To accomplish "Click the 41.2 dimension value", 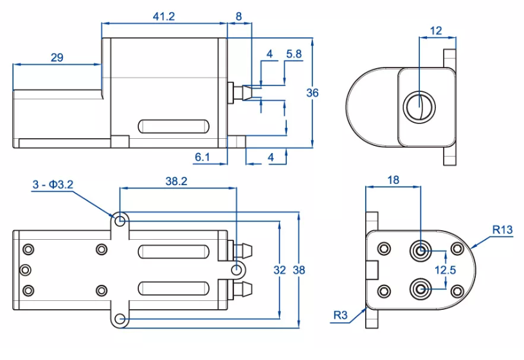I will point(164,17).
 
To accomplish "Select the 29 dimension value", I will point(57,58).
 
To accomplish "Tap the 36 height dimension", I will point(312,93).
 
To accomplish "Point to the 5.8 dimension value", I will point(294,55).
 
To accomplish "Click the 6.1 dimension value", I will point(201,157).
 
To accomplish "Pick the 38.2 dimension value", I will point(176,182).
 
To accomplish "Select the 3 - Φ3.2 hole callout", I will point(53,185).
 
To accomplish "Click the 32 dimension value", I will point(279,270).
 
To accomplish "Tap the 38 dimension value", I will point(299,270).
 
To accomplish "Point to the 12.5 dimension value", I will point(446,270).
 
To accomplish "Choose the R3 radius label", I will point(341,315).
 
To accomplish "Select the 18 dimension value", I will point(392,181).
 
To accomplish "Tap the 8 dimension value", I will point(239,17).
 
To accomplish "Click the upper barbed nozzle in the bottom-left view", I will point(242,248).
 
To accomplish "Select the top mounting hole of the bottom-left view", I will point(120,221).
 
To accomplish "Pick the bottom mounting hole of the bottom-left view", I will point(120,319).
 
